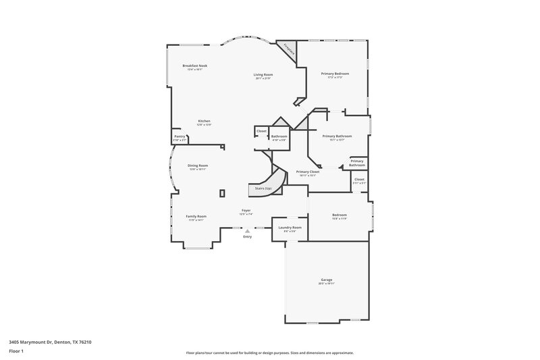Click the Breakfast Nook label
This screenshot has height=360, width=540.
[194, 65]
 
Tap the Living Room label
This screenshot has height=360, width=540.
[263, 74]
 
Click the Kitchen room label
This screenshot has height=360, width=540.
[204, 121]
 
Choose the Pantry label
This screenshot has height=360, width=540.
[180, 136]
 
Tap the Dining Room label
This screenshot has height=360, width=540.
[198, 165]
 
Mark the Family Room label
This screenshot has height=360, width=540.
[196, 216]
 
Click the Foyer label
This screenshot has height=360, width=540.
[246, 211]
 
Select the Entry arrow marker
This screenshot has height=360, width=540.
[247, 231]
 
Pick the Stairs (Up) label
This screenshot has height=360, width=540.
[263, 188]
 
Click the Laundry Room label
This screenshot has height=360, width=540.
[290, 228]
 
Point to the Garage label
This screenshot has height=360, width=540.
[327, 280]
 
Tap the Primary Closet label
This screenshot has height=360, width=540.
[308, 172]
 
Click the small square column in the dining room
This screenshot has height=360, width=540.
[222, 193]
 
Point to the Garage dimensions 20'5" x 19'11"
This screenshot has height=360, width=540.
[327, 284]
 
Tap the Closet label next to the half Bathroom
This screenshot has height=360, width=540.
[261, 130]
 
